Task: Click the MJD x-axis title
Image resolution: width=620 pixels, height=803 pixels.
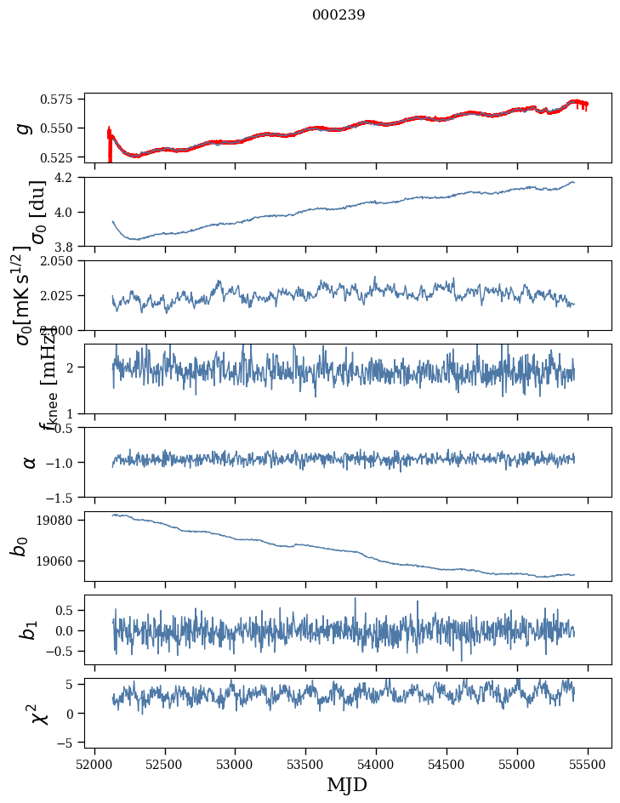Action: point(347,784)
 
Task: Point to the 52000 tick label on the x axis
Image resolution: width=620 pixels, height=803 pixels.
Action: point(94,764)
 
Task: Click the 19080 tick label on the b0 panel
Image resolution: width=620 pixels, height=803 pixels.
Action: point(66,521)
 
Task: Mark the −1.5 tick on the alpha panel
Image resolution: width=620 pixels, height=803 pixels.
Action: point(68,497)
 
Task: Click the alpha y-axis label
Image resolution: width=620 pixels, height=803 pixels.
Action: point(30,462)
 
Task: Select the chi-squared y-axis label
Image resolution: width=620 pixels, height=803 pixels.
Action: point(37,713)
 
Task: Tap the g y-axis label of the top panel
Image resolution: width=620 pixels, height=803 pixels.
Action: point(26,128)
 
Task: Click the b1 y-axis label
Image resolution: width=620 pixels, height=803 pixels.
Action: point(29,630)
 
